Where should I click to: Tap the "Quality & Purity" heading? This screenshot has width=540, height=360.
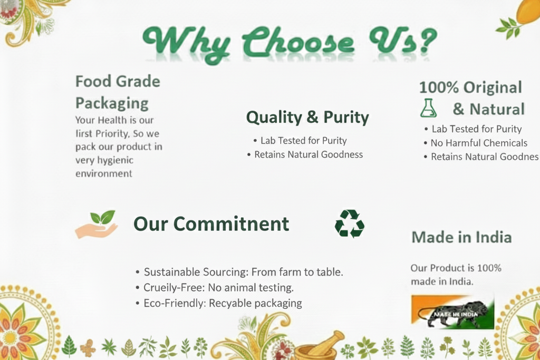(x=307, y=118)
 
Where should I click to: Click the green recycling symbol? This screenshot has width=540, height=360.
(x=350, y=223)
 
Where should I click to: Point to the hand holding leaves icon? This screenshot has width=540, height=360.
(x=97, y=225)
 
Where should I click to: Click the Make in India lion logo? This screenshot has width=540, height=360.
(x=452, y=312)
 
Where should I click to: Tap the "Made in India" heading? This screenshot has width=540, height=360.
(x=461, y=237)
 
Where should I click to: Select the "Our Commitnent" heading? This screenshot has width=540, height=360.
(x=211, y=223)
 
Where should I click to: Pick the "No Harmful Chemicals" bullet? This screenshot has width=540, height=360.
(x=476, y=143)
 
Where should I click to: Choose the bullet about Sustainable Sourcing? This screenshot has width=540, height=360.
(x=239, y=272)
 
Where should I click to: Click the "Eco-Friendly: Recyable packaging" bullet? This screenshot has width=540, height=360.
(x=219, y=303)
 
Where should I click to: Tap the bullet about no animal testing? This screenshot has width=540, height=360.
(x=215, y=287)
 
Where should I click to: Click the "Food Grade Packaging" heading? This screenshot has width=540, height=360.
(x=118, y=92)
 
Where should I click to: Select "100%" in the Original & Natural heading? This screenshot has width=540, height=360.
(x=439, y=87)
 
